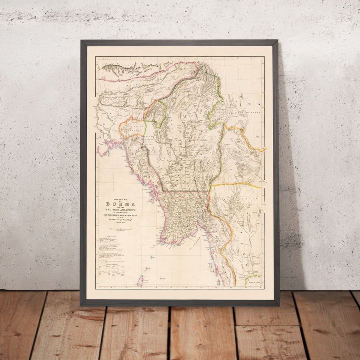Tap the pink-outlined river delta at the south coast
(x=176, y=236)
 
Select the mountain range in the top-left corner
(x=116, y=70)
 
